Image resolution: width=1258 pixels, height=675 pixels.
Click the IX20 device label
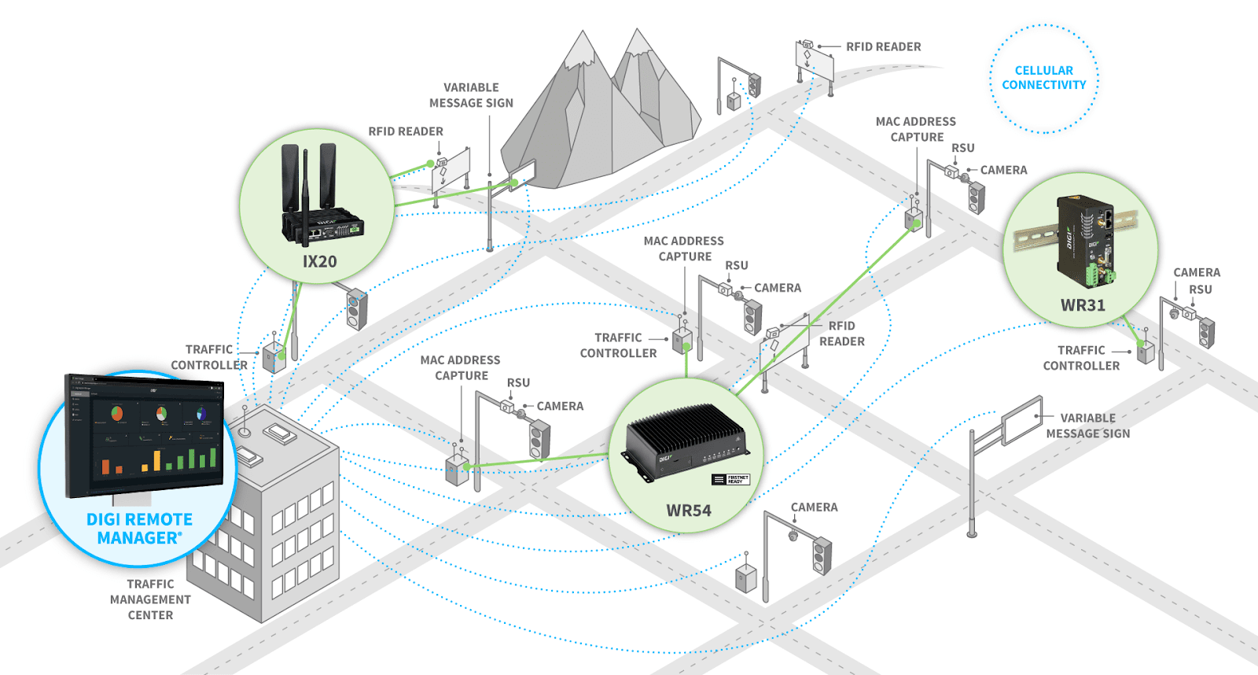click(319, 262)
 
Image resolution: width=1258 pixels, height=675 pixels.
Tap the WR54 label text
click(689, 511)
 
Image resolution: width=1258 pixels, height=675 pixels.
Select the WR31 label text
click(1083, 305)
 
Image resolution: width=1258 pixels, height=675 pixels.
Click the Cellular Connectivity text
click(1043, 78)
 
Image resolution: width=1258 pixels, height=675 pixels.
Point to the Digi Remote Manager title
click(139, 529)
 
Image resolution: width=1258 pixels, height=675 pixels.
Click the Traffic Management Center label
click(150, 599)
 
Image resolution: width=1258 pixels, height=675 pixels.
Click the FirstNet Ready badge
click(730, 479)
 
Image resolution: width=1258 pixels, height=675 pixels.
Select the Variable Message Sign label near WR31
click(1087, 426)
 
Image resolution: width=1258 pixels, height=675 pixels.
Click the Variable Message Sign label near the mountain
click(471, 95)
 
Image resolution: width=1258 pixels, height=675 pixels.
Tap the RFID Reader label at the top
click(883, 47)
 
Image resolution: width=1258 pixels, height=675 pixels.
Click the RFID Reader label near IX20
click(406, 131)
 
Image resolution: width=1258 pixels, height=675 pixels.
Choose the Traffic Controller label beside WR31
click(1081, 358)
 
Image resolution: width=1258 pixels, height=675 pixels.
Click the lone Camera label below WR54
click(814, 507)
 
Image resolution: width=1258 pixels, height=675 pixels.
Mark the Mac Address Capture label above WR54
click(683, 249)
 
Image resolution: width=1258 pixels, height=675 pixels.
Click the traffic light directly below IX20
click(357, 309)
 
